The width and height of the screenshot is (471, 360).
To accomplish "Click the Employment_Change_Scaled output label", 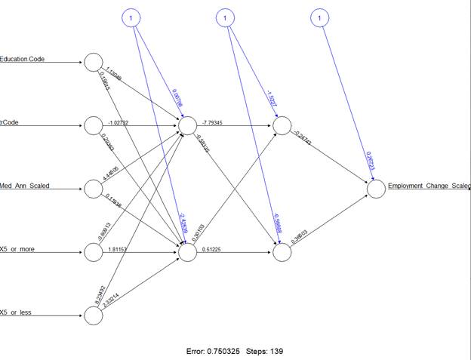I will (x=428, y=186).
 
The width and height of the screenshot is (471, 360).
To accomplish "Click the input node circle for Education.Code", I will (x=94, y=63).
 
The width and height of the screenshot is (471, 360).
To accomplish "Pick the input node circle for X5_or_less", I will (x=94, y=315).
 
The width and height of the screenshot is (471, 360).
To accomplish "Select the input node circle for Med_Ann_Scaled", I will (x=94, y=189).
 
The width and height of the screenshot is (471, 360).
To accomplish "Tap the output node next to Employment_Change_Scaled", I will (x=376, y=189).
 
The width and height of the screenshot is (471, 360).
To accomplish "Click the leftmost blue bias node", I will (x=132, y=17).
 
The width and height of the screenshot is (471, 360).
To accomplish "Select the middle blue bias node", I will (x=226, y=17).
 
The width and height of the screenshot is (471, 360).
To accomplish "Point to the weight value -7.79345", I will (x=217, y=121).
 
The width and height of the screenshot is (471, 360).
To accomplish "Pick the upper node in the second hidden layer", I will (x=282, y=126).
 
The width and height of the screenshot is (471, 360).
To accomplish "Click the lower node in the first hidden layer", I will (x=188, y=252).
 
